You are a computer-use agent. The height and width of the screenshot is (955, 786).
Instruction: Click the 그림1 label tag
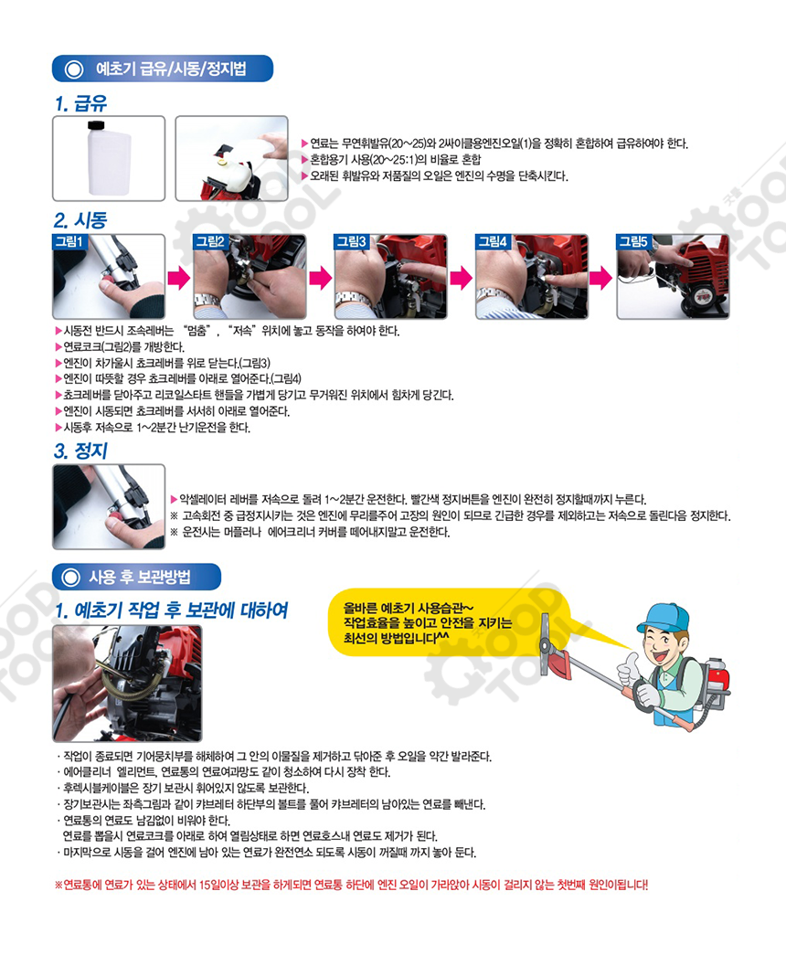[x=69, y=242]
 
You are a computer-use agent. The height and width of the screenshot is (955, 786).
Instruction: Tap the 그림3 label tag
[x=352, y=242]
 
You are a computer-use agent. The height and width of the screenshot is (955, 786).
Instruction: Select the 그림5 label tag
[x=633, y=242]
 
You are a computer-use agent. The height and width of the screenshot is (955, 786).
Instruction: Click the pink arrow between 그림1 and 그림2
[x=179, y=279]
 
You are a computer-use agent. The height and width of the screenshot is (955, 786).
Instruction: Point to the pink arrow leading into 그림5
[x=601, y=279]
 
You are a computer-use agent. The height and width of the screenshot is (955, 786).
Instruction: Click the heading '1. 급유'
[x=81, y=103]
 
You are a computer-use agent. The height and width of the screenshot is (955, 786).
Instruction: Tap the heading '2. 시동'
[x=80, y=220]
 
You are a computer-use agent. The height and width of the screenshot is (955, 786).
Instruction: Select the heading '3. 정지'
[x=80, y=451]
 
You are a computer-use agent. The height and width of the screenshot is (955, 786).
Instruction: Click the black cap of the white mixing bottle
[x=96, y=125]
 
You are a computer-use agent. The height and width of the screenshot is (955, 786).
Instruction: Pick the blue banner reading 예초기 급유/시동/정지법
[x=163, y=69]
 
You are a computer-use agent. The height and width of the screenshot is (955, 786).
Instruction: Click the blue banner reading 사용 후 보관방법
[x=136, y=577]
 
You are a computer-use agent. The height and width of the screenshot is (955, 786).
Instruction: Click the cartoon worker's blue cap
[x=664, y=618]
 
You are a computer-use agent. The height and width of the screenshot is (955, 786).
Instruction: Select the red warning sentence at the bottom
[x=352, y=885]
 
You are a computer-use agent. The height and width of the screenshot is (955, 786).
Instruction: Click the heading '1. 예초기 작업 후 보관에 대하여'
[x=171, y=610]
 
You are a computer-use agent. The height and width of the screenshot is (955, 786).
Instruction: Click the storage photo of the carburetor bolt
[x=127, y=684]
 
